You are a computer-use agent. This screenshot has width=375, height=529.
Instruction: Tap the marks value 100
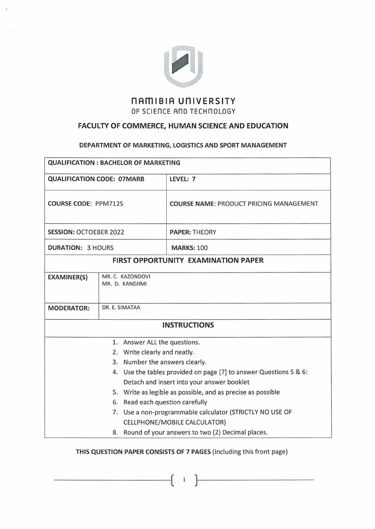[202, 247]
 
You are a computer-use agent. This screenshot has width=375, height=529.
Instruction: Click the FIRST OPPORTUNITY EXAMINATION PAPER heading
[187, 260]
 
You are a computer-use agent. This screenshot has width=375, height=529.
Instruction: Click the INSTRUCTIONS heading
[187, 325]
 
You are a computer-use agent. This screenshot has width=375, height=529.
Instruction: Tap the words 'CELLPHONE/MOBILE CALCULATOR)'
[170, 422]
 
